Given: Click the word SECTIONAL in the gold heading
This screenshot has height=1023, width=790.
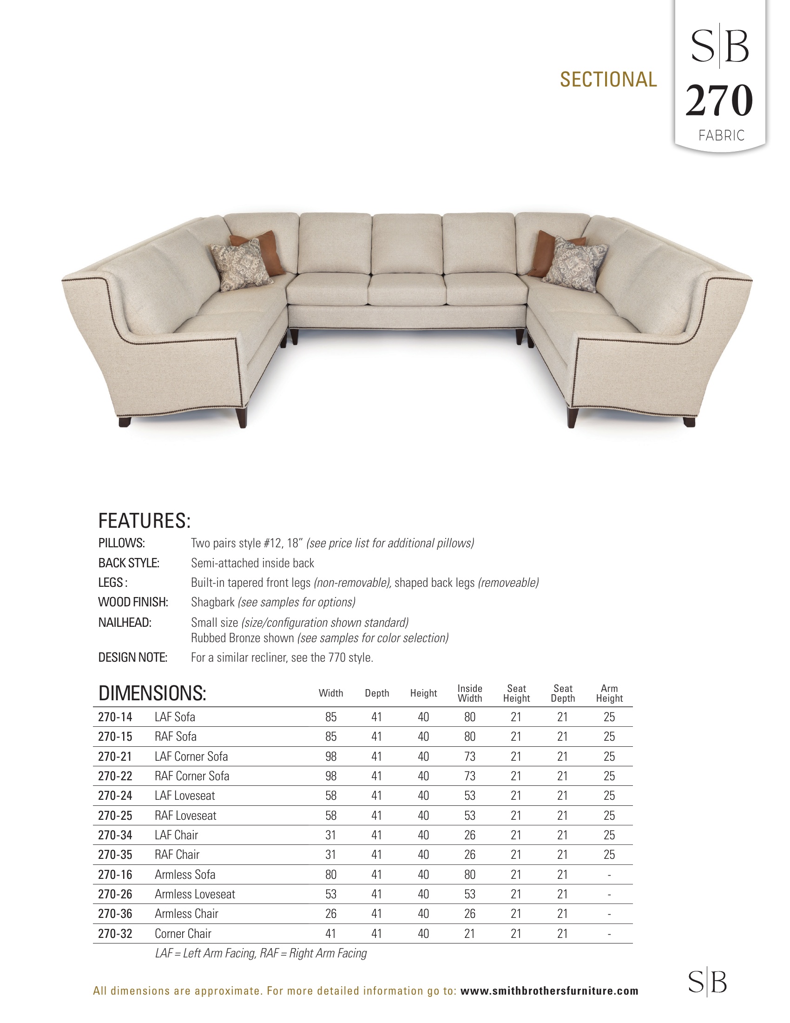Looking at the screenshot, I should (x=608, y=80).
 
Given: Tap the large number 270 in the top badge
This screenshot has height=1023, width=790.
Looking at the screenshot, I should (x=719, y=101).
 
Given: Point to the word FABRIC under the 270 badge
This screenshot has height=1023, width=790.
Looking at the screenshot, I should (x=721, y=136).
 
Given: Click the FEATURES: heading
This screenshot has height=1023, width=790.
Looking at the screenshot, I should (x=144, y=521).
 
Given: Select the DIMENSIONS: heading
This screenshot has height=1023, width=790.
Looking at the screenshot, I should (x=152, y=693).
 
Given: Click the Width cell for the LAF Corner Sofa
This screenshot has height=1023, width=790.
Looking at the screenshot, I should (x=331, y=757).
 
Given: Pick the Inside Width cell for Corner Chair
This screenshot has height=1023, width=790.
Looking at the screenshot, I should (x=469, y=934).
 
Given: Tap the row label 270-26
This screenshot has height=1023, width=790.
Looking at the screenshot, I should (x=115, y=894).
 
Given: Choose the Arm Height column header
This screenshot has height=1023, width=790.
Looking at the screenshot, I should (x=609, y=693).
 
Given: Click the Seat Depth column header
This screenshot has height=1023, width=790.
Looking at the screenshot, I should (x=563, y=693).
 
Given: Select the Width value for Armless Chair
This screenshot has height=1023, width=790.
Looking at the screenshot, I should (x=331, y=914).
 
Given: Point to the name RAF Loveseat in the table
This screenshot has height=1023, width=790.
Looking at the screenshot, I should (x=185, y=816).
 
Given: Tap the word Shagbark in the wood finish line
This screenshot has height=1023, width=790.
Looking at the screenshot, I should (x=212, y=602).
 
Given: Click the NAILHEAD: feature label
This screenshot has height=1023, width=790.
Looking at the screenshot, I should (x=125, y=623).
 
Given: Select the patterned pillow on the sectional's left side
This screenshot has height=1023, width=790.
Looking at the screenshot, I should (x=241, y=265).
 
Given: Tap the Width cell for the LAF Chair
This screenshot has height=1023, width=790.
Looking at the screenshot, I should (x=331, y=835).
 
